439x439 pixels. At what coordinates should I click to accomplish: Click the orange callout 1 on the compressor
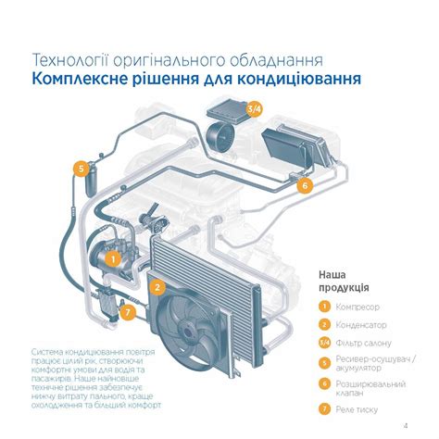pyautogui.click(x=114, y=259)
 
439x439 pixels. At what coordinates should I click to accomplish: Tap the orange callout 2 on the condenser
pyautogui.click(x=157, y=287)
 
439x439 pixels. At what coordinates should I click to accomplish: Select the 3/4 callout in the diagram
pyautogui.click(x=254, y=109)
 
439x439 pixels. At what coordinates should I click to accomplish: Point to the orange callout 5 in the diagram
pyautogui.click(x=82, y=169)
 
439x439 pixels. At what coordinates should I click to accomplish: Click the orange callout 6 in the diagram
pyautogui.click(x=305, y=186)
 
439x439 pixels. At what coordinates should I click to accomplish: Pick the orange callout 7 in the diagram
pyautogui.click(x=128, y=313)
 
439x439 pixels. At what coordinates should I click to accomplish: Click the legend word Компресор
pyautogui.click(x=357, y=307)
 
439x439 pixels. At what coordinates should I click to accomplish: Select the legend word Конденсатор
pyautogui.click(x=361, y=325)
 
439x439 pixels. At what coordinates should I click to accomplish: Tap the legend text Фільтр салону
pyautogui.click(x=363, y=343)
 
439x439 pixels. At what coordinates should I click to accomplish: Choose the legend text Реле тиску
pyautogui.click(x=357, y=409)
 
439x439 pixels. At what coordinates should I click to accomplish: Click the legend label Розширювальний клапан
pyautogui.click(x=370, y=388)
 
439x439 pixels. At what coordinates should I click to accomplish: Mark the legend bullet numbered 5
pyautogui.click(x=324, y=363)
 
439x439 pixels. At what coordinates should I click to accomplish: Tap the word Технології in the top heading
pyautogui.click(x=70, y=60)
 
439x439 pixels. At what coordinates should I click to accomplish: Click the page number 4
pyautogui.click(x=406, y=426)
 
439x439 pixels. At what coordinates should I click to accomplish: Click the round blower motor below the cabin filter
pyautogui.click(x=220, y=136)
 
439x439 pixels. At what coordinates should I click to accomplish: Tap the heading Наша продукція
pyautogui.click(x=344, y=282)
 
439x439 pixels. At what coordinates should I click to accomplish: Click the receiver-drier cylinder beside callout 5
pyautogui.click(x=91, y=182)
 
